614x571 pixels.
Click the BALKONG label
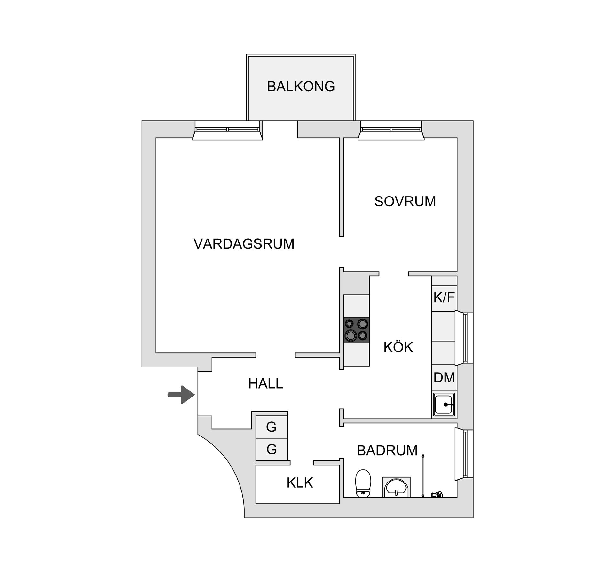pyautogui.click(x=301, y=87)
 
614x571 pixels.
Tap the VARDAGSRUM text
pyautogui.click(x=244, y=244)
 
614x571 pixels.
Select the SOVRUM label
pyautogui.click(x=405, y=202)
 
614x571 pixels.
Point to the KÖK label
pyautogui.click(x=398, y=347)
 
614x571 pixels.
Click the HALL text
pyautogui.click(x=265, y=384)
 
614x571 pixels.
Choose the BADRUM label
pyautogui.click(x=387, y=451)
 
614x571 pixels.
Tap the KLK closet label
pyautogui.click(x=300, y=483)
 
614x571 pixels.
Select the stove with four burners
pyautogui.click(x=356, y=330)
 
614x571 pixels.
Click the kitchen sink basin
pyautogui.click(x=444, y=405)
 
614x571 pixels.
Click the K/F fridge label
pyautogui.click(x=444, y=297)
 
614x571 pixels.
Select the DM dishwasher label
pyautogui.click(x=444, y=378)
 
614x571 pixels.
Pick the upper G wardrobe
pyautogui.click(x=272, y=427)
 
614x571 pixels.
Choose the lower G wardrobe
pyautogui.click(x=272, y=450)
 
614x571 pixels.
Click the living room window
pyautogui.click(x=227, y=130)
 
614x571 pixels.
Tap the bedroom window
pyautogui.click(x=391, y=130)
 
